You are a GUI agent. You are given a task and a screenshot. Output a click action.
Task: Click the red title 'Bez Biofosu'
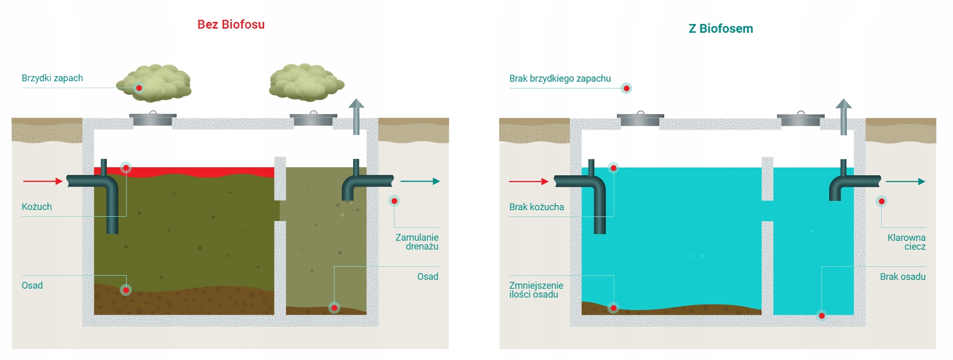tap(231, 24)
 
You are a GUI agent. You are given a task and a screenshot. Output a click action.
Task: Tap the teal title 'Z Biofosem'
tap(721, 29)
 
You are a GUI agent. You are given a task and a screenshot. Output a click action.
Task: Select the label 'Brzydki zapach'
tap(52, 78)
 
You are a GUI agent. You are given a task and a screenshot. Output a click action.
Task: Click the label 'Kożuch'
tap(36, 207)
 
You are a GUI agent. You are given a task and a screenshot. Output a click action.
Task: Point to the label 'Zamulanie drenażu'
tap(417, 242)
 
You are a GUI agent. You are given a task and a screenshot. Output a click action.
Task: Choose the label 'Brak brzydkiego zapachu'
tap(560, 79)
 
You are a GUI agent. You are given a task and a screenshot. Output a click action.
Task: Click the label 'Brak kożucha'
tap(536, 207)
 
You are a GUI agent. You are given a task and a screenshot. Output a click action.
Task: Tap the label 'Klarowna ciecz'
tap(907, 242)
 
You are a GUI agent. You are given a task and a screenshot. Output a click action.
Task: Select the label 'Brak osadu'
tap(902, 277)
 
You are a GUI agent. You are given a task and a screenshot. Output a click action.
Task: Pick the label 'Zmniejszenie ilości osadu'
tap(536, 290)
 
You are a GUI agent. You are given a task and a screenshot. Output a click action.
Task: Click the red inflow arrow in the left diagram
tap(43, 181)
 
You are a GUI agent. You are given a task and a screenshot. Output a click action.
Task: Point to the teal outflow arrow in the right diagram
tap(905, 181)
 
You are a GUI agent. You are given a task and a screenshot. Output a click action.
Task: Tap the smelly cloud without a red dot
tap(306, 82)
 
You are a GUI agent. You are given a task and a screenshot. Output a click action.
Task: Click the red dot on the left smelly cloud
tap(139, 88)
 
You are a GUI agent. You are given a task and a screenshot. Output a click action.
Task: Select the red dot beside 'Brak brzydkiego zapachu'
tap(626, 89)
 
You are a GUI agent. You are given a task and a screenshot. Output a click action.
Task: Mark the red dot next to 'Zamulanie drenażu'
tap(394, 201)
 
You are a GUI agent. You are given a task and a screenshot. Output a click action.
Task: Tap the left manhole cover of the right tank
tap(640, 119)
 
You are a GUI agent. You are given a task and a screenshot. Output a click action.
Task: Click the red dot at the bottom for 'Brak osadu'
tap(822, 316)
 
